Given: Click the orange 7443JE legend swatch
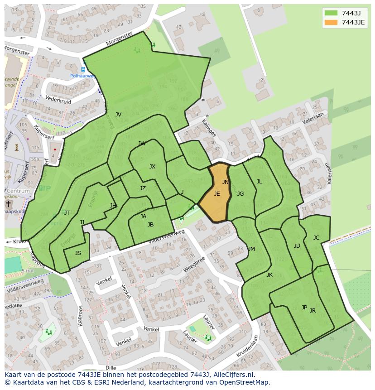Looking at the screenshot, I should (x=332, y=22).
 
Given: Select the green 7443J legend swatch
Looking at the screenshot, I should (x=332, y=13).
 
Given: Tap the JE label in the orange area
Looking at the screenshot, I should (x=217, y=194).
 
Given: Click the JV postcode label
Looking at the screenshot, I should (x=118, y=115).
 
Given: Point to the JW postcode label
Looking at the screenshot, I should (x=142, y=144).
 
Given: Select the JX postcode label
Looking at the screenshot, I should (x=152, y=167).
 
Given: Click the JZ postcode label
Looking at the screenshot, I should (x=143, y=188).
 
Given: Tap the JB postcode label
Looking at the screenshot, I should (x=150, y=225).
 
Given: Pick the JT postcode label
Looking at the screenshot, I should (x=67, y=213).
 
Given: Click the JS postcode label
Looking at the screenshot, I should (x=78, y=253).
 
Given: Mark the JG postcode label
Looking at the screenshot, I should (x=240, y=194).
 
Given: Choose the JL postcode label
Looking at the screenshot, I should (x=259, y=182).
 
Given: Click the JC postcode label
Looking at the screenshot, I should (x=316, y=238).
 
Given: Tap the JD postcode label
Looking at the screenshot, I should (x=297, y=246).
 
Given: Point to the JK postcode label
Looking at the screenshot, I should (x=269, y=275).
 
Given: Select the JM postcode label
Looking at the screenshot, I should (x=251, y=249).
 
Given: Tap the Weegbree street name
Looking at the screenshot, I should (x=194, y=266).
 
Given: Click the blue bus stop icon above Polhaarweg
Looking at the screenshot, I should (x=83, y=69).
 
